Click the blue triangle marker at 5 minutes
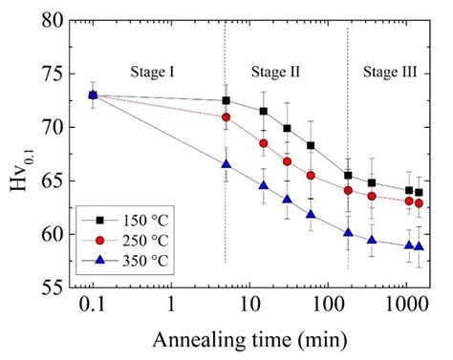click(x=226, y=164)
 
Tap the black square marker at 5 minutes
click(x=226, y=100)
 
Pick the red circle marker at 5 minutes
click(x=226, y=117)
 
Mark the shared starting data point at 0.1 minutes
click(x=93, y=95)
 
